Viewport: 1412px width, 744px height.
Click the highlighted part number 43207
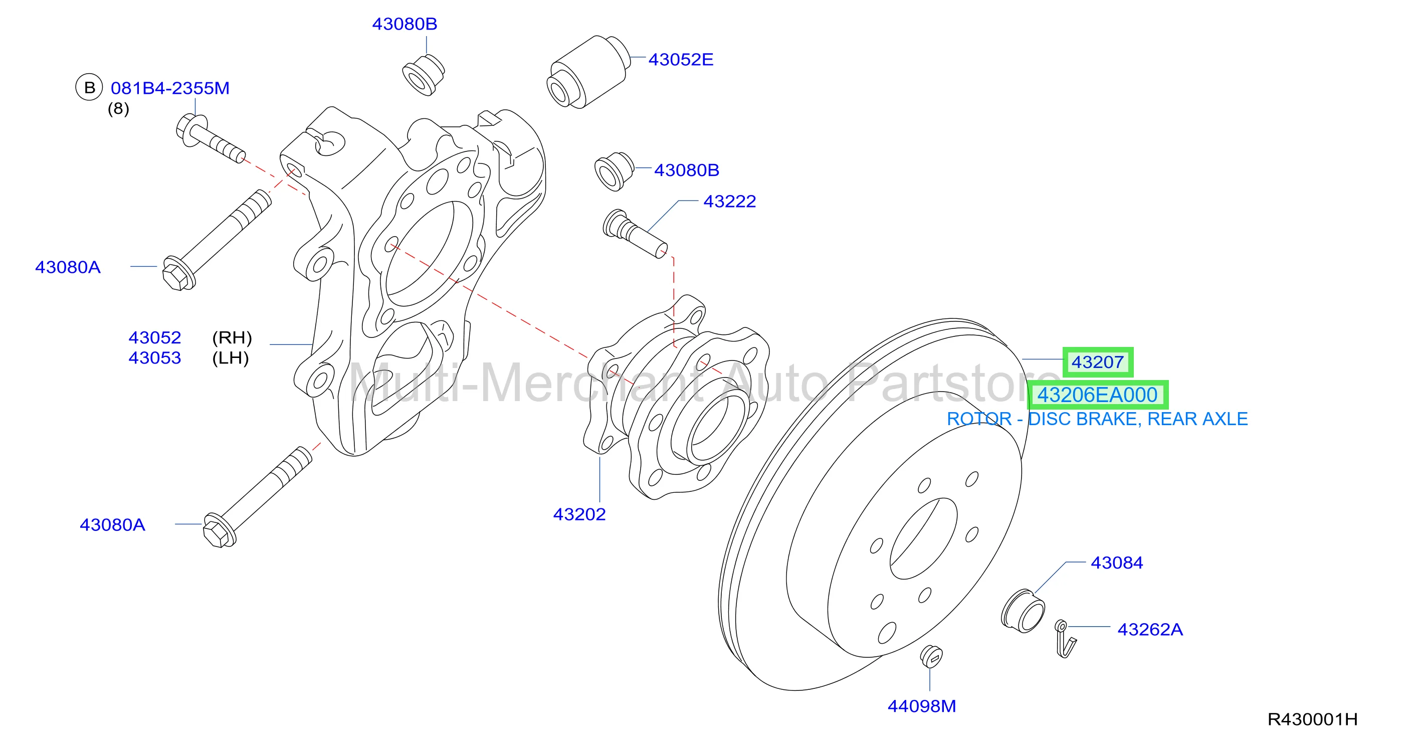(1097, 362)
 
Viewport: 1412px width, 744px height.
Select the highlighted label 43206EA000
(1097, 395)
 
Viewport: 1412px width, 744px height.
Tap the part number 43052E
(681, 59)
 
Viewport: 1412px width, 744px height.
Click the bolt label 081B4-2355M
(170, 88)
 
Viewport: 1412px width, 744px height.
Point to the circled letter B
(89, 87)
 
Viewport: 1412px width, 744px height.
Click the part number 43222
(730, 201)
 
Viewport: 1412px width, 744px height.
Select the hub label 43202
(579, 514)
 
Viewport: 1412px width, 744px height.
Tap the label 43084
(1117, 563)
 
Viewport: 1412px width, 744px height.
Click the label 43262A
(1150, 629)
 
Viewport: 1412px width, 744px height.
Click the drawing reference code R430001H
(1312, 719)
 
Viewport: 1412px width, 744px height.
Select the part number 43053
(154, 358)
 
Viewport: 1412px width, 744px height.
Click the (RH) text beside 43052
(232, 338)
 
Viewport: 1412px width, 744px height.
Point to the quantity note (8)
(118, 109)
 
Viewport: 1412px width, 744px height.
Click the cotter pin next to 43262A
(1065, 639)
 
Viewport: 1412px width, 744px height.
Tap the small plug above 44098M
(931, 656)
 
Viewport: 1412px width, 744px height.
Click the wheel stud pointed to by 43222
(635, 233)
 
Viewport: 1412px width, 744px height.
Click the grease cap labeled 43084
(1023, 611)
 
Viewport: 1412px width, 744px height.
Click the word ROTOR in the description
(979, 419)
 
